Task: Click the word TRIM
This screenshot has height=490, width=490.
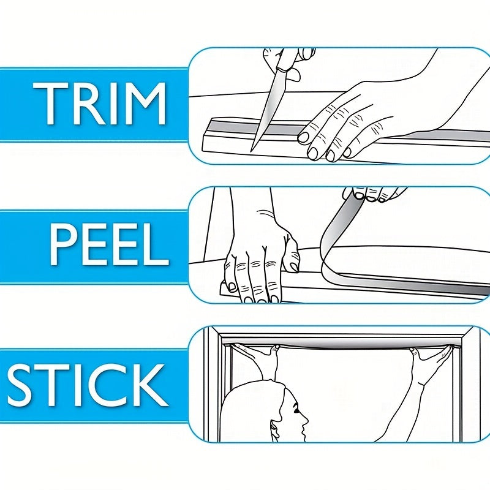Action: coord(99,104)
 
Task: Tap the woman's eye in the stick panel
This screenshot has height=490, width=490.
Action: coord(295,409)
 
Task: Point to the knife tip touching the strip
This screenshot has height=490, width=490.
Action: coord(252,151)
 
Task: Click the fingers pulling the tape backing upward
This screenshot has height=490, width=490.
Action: coord(372,194)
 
